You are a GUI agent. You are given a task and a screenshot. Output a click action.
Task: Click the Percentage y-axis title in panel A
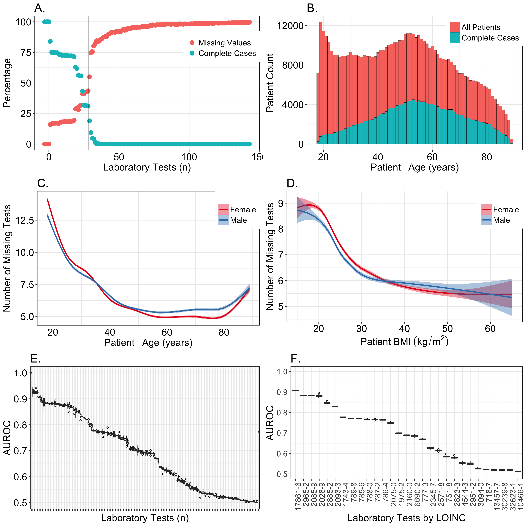7,83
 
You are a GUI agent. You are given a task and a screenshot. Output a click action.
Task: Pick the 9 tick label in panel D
280,203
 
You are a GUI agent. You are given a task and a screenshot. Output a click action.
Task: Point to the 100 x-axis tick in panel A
189,157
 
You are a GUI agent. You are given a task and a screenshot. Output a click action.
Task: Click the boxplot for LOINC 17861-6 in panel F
295,390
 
